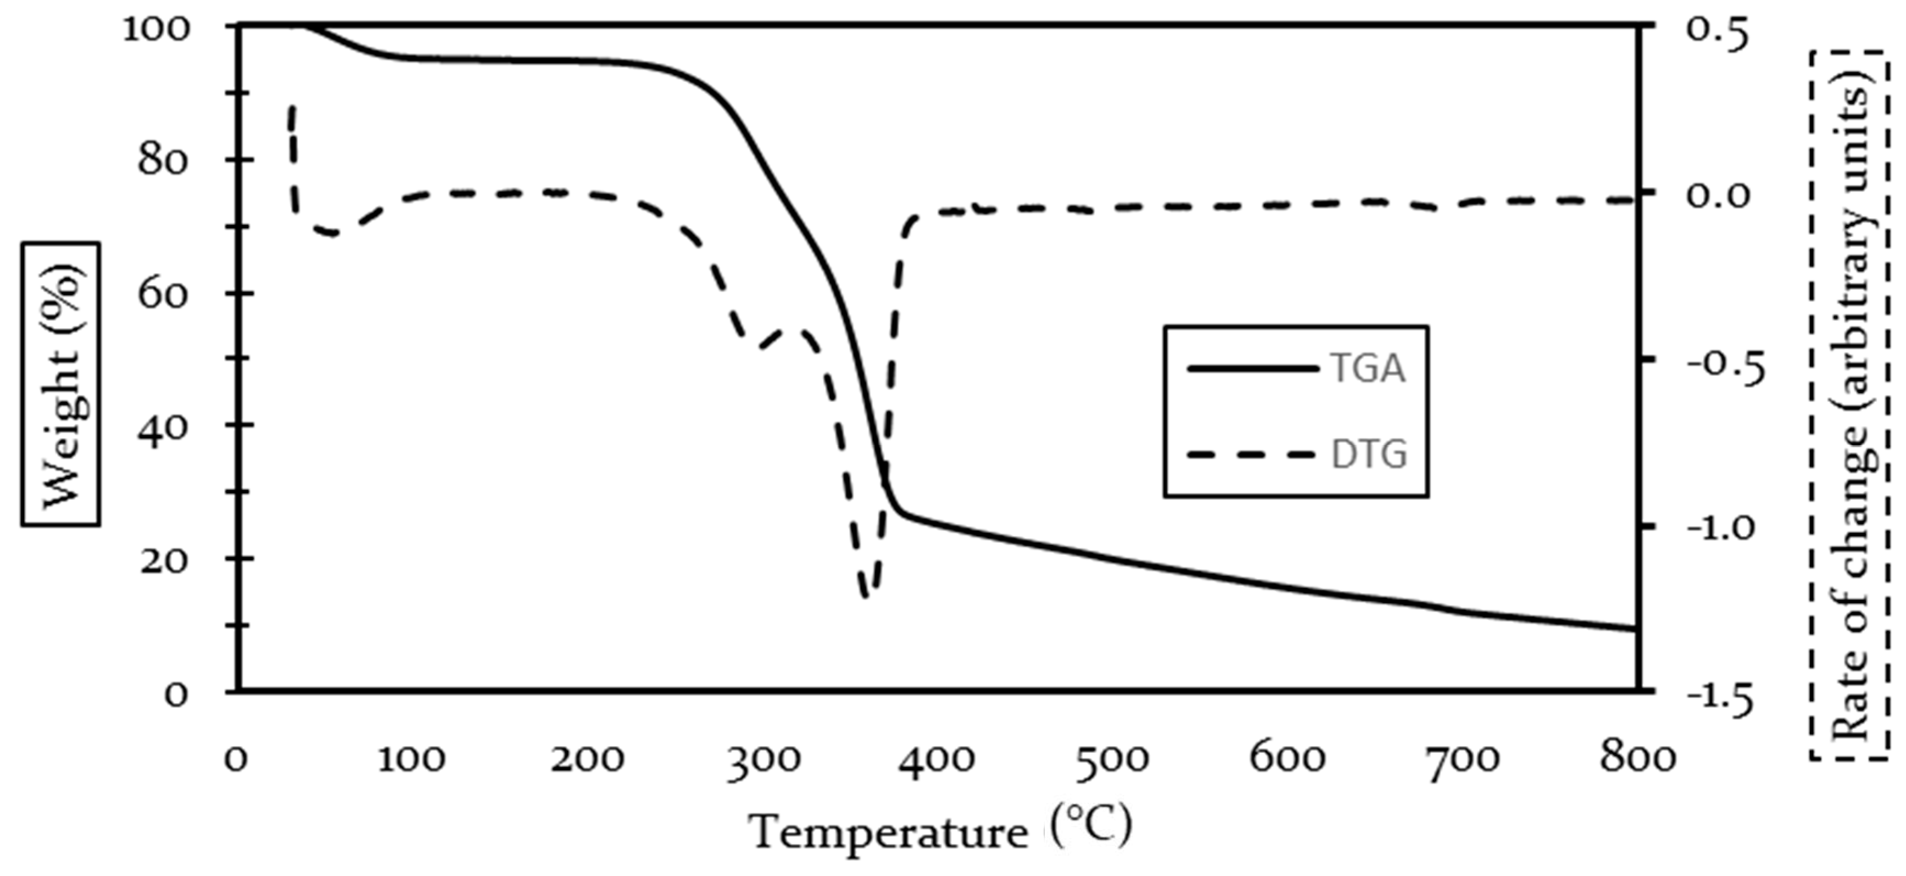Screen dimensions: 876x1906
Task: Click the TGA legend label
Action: coord(1367,368)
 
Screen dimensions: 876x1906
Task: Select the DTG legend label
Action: coord(1369,454)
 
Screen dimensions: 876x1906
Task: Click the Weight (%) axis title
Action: coord(60,384)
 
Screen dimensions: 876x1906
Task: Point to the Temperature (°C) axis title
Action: coord(940,831)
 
